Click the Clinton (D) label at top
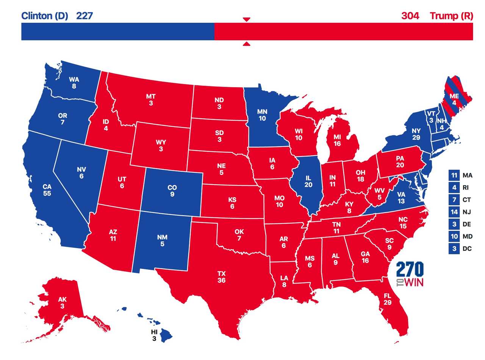(x=44, y=16)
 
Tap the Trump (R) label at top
(x=451, y=16)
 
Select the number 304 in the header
(x=410, y=16)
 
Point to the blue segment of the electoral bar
(x=117, y=31)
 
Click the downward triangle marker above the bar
(x=246, y=19)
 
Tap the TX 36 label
(x=222, y=277)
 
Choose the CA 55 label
(x=47, y=190)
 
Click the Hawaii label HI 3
(x=154, y=335)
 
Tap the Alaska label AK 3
(x=62, y=303)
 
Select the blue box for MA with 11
(x=454, y=175)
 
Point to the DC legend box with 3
(x=454, y=249)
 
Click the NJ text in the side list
(x=467, y=212)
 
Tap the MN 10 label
(x=262, y=115)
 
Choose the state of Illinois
(x=308, y=182)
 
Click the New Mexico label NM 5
(x=162, y=241)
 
